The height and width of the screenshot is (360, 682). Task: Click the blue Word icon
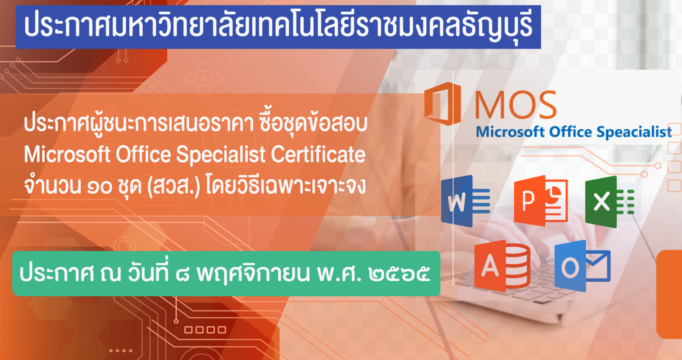click(465, 201)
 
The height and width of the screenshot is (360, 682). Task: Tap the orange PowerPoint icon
click(541, 201)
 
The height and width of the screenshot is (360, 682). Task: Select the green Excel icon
click(610, 202)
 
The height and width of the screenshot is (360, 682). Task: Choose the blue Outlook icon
click(582, 266)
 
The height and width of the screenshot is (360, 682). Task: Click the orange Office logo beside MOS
click(442, 103)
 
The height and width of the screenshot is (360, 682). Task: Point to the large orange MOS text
click(515, 105)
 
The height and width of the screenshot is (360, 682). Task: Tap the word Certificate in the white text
click(318, 154)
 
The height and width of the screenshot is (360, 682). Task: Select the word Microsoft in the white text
click(67, 154)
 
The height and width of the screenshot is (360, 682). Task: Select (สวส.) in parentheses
click(174, 186)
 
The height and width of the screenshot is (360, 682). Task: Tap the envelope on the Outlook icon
click(598, 265)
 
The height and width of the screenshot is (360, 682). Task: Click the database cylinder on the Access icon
click(518, 265)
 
